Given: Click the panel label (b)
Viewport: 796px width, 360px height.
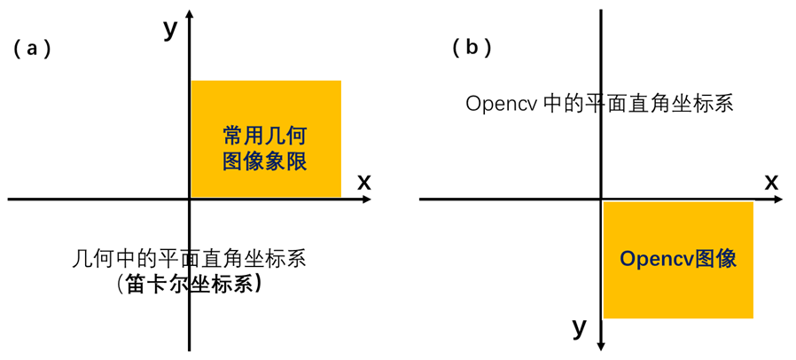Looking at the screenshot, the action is pos(472,47).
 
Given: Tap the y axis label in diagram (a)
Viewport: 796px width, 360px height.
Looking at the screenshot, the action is pos(171,28).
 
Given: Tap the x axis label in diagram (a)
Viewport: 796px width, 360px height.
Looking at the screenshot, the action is pos(363,182).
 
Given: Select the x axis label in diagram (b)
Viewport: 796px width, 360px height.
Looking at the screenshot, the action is pos(771,182).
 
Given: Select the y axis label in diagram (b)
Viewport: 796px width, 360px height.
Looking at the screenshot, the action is pos(580,328).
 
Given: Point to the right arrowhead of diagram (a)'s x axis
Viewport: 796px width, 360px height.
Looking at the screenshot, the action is pos(366,200).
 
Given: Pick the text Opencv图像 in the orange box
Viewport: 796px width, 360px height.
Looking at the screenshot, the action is pos(678,259).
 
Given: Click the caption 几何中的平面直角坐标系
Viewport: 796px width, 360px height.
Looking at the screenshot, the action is pos(189,259).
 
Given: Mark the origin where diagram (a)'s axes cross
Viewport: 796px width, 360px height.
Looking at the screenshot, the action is pos(190,200).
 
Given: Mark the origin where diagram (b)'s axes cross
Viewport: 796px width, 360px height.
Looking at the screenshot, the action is pos(602,200).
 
